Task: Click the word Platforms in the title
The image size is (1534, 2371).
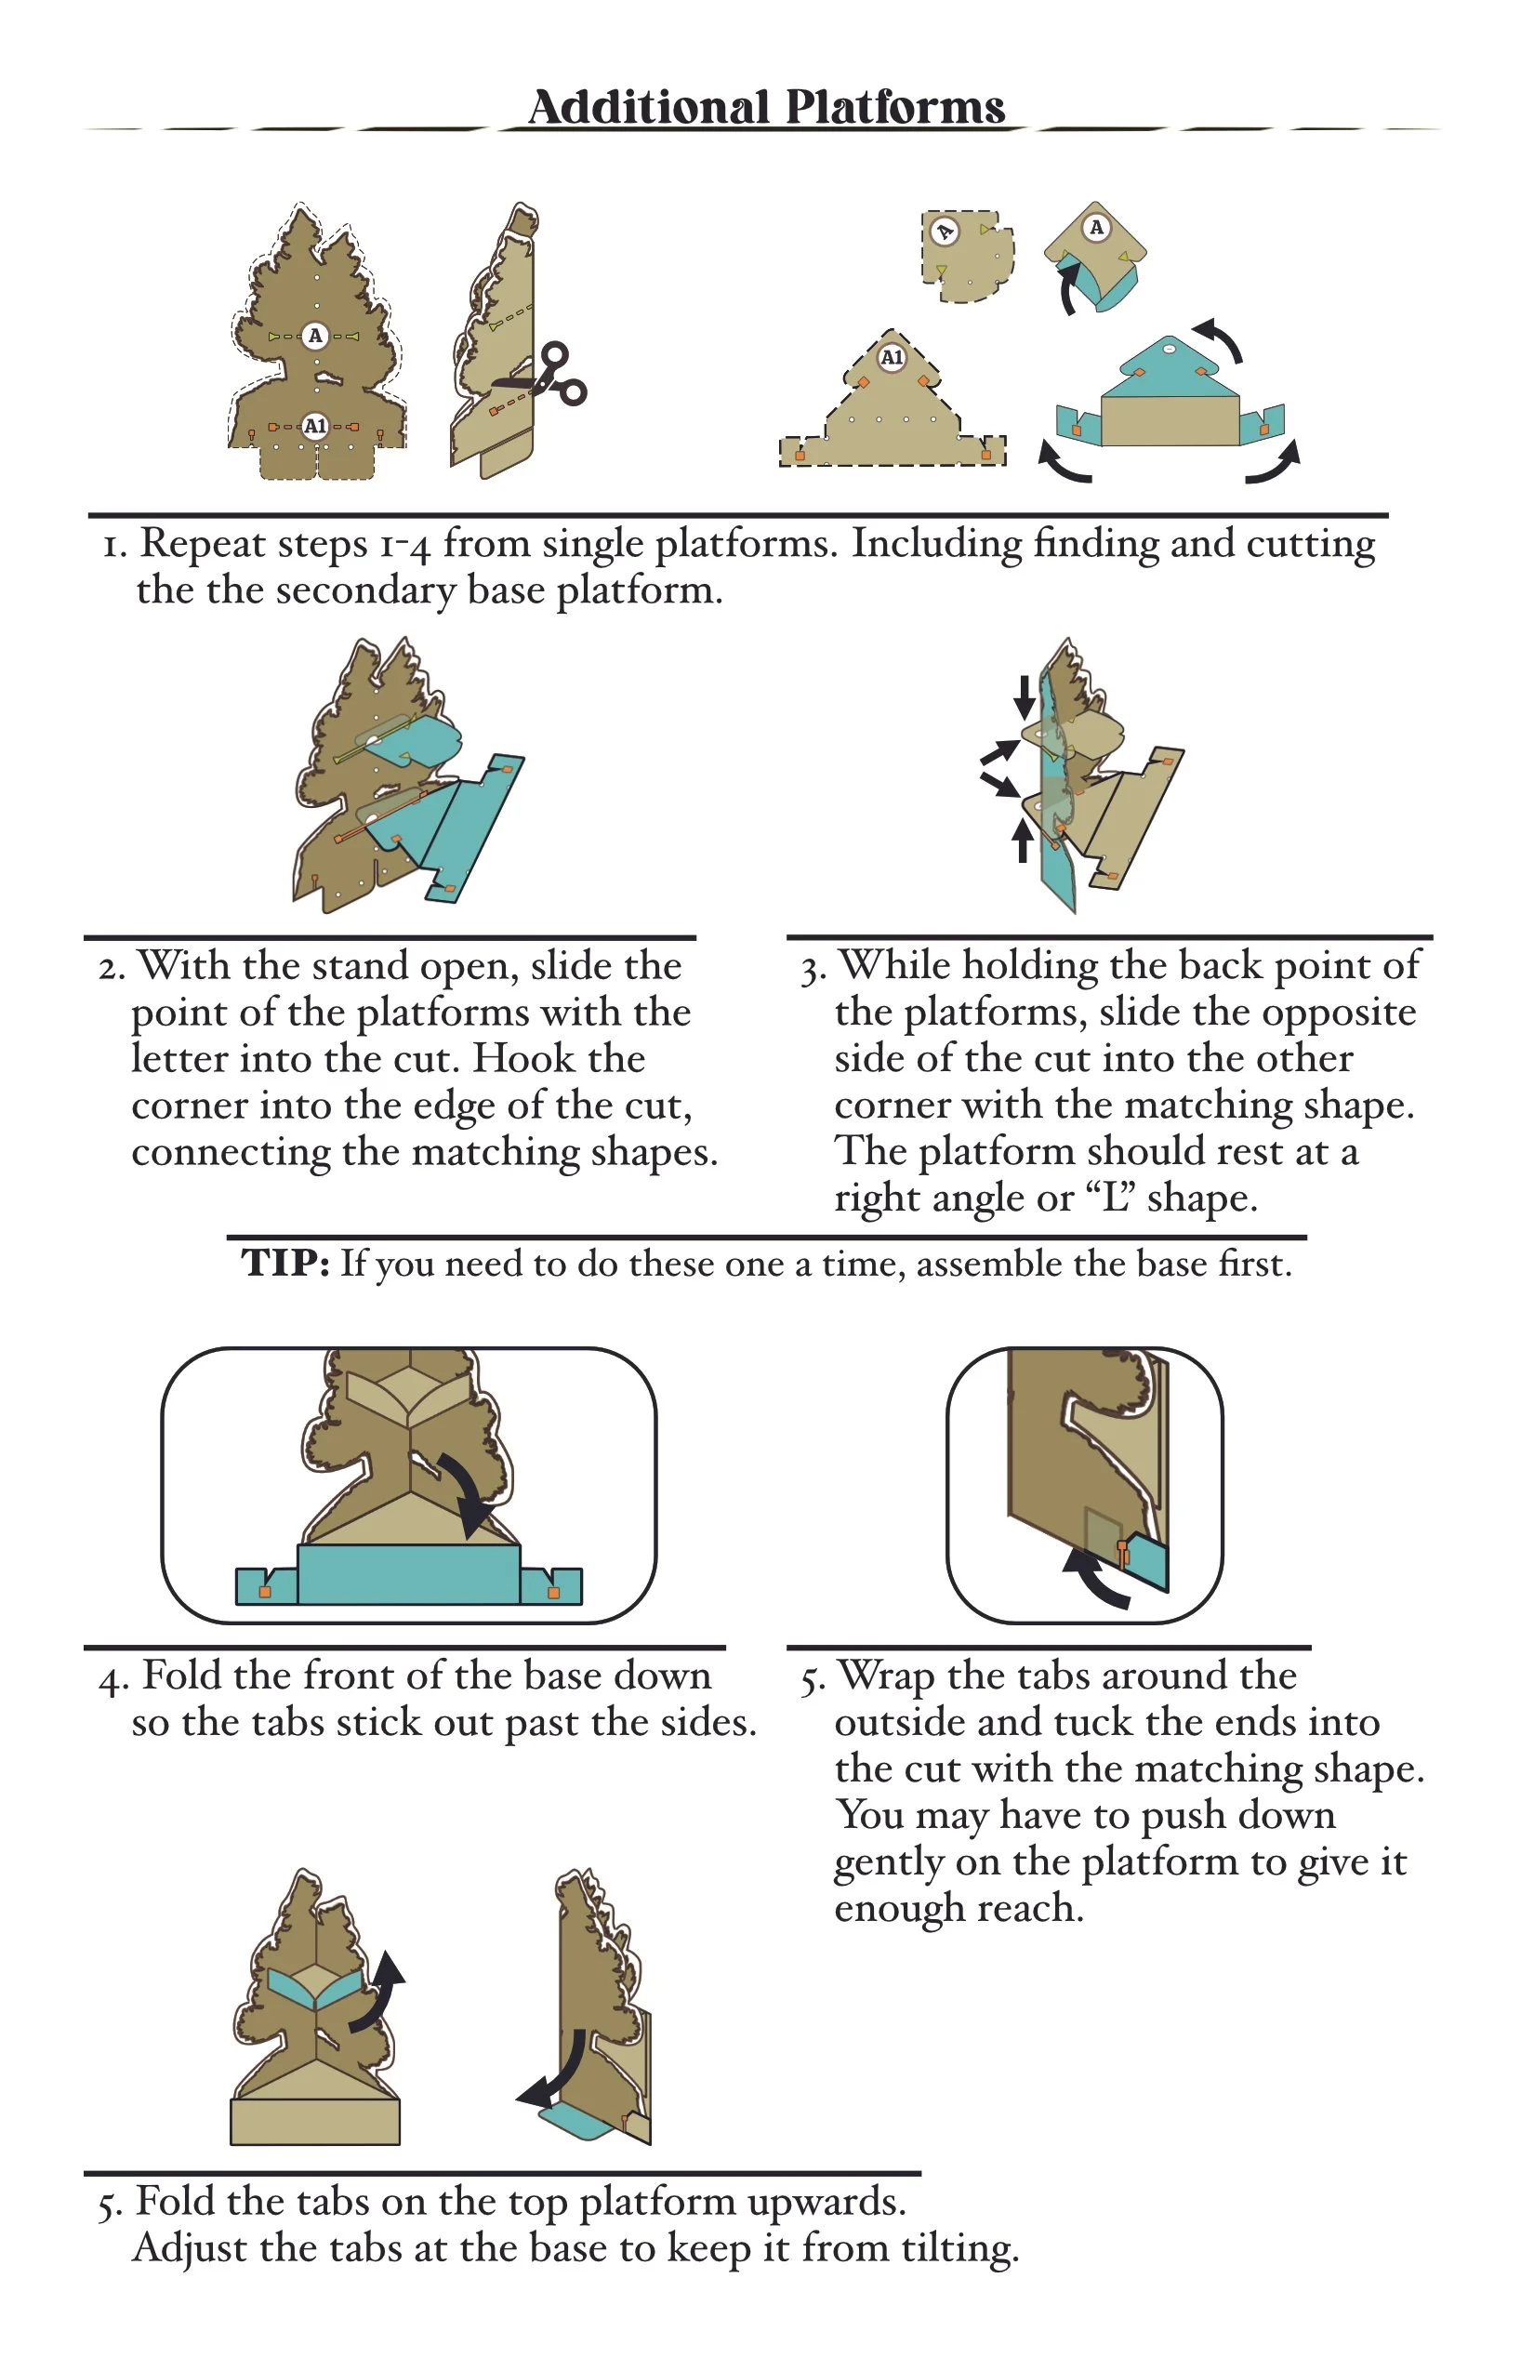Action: [894, 107]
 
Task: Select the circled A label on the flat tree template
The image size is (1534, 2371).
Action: [316, 336]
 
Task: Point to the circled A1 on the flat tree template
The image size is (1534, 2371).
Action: [315, 427]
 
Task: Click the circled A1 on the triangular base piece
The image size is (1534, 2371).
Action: [892, 357]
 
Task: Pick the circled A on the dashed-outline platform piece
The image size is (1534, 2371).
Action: [945, 232]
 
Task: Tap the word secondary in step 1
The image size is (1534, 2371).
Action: [364, 589]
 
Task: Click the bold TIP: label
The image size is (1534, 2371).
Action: [284, 1264]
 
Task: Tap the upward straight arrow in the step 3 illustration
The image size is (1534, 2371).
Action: [1022, 841]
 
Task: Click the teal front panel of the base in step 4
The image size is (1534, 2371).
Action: [408, 1573]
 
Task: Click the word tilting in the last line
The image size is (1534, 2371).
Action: [960, 2249]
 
